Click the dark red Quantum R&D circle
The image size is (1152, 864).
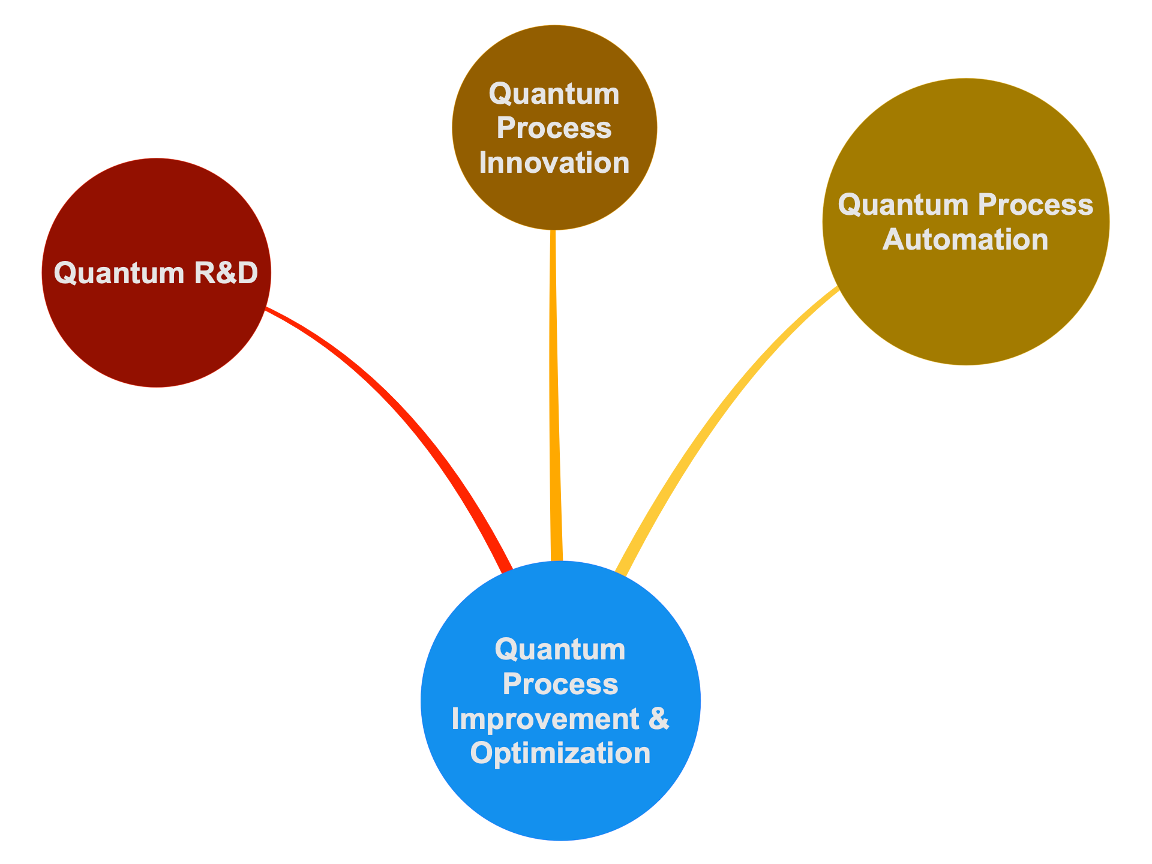click(x=157, y=273)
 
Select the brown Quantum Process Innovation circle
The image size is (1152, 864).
click(x=554, y=127)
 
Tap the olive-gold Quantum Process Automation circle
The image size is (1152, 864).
click(x=966, y=221)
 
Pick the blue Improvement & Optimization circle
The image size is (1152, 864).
click(x=560, y=701)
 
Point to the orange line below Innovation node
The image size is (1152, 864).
click(x=554, y=396)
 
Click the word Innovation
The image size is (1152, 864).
click(x=554, y=163)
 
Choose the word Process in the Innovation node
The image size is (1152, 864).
click(x=554, y=128)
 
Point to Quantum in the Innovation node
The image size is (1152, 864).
click(x=554, y=94)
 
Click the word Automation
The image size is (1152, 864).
click(x=966, y=239)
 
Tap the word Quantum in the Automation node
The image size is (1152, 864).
click(x=903, y=205)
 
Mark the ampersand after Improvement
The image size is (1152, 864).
click(x=659, y=718)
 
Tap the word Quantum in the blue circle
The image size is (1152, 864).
click(x=560, y=649)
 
